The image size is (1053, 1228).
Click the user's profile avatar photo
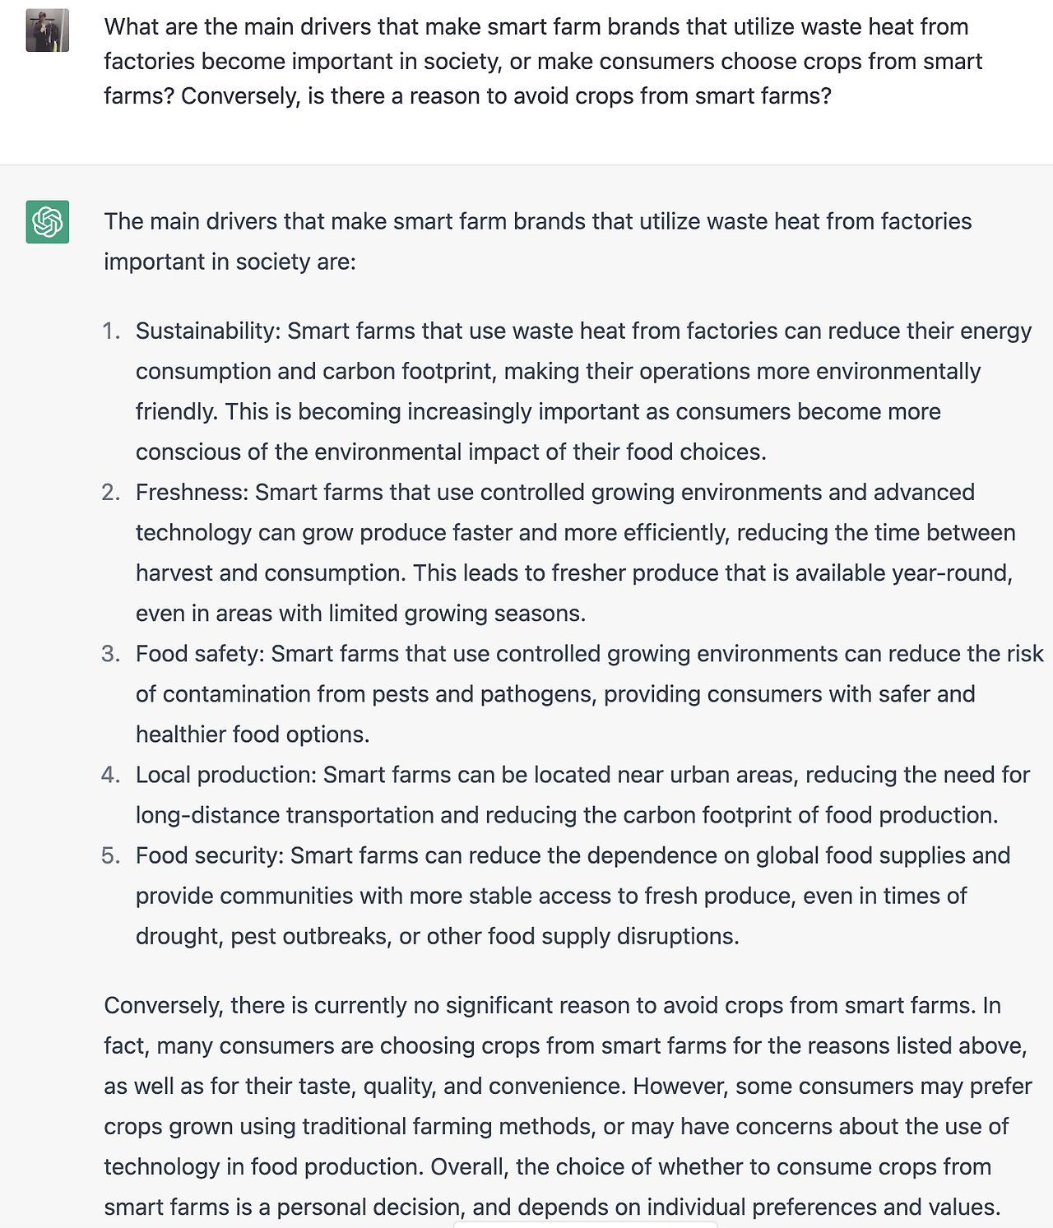pos(47,30)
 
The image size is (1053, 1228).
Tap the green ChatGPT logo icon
pos(47,222)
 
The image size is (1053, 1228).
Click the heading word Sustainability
pos(208,331)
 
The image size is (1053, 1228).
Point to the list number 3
pos(110,654)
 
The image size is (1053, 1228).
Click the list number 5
pos(110,855)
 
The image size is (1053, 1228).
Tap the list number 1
pos(110,331)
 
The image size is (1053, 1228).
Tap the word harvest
pos(174,572)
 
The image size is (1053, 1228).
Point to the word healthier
pos(181,734)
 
